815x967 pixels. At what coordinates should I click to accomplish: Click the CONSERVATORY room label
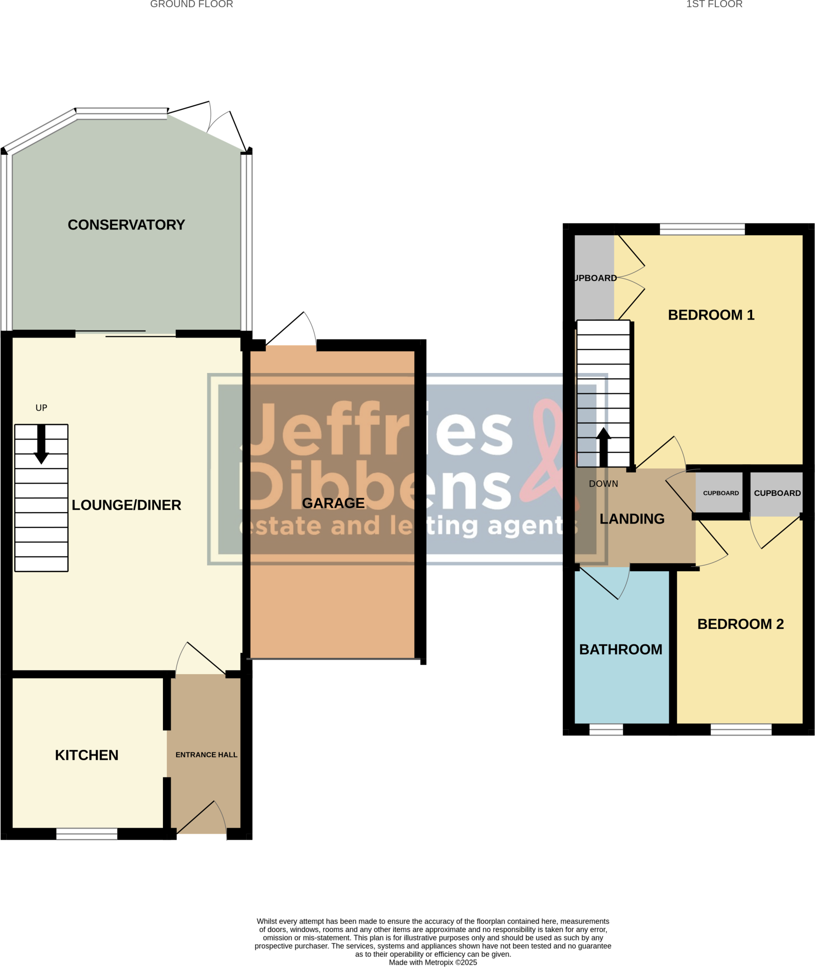click(126, 225)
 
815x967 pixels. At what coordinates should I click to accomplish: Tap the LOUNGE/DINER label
click(126, 505)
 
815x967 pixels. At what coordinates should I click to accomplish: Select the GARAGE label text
click(333, 503)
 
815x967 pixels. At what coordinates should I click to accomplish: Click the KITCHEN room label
click(86, 755)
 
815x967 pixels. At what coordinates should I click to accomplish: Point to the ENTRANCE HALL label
click(206, 755)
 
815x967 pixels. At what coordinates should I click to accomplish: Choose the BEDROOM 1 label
click(711, 315)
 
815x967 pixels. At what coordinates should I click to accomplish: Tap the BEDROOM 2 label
click(740, 624)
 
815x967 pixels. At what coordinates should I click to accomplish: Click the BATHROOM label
click(620, 649)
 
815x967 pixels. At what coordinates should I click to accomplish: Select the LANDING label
click(632, 519)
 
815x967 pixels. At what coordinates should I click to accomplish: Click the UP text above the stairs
click(42, 408)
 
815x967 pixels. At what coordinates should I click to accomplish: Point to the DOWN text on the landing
click(603, 483)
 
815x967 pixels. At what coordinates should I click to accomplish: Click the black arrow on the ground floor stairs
click(42, 444)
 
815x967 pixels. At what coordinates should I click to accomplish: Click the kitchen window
click(87, 833)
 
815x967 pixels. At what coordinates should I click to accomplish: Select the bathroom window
click(606, 729)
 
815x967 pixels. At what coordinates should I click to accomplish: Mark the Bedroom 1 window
click(702, 229)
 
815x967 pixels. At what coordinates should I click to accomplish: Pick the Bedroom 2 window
click(741, 729)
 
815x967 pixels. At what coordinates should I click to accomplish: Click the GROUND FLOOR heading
click(191, 4)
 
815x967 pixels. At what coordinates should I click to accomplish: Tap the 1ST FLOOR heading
click(714, 4)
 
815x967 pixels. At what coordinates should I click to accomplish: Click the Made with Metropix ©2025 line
click(433, 962)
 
